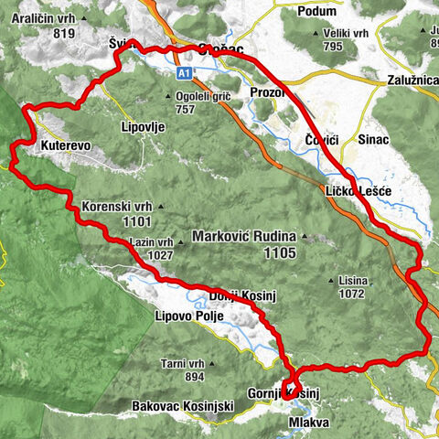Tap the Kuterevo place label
point(66,145)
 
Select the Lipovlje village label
point(143,128)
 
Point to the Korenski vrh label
point(113,206)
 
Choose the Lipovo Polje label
point(179,319)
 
